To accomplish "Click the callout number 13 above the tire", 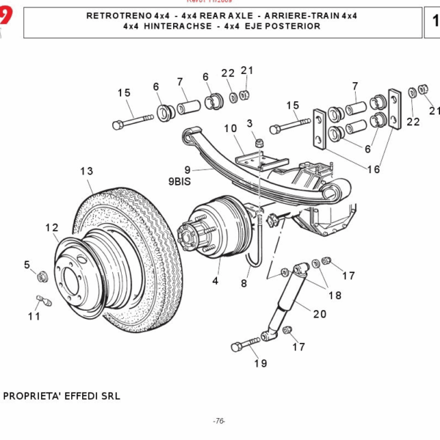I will (x=87, y=171).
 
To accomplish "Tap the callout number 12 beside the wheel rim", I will (x=51, y=227).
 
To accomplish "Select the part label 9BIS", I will (x=180, y=180).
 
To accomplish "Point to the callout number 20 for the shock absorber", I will (x=319, y=314).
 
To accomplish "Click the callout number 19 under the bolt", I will (x=260, y=363).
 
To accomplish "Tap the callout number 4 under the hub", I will (x=216, y=280).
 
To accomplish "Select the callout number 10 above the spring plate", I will (x=230, y=128).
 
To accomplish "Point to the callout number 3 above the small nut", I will (x=249, y=122).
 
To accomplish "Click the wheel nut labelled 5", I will (x=43, y=276).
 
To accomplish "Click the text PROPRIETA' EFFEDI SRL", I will (x=62, y=396).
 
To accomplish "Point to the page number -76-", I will (x=219, y=421).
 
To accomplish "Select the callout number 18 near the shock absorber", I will (x=334, y=296).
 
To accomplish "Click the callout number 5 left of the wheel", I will (x=27, y=265).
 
